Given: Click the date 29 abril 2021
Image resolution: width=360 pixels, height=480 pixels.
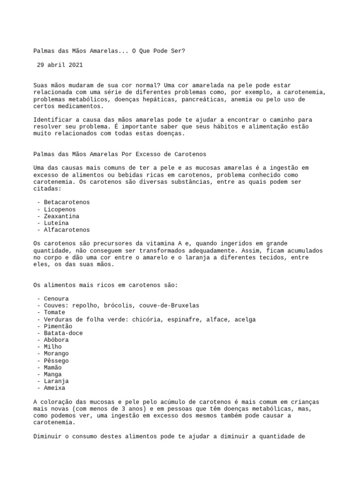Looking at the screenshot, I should pyautogui.click(x=60, y=65).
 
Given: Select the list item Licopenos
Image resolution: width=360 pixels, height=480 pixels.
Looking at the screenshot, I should pyautogui.click(x=60, y=209).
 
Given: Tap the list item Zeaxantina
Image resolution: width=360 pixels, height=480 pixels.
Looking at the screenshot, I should pyautogui.click(x=61, y=216).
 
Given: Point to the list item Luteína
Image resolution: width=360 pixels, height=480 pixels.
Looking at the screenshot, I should pyautogui.click(x=56, y=223).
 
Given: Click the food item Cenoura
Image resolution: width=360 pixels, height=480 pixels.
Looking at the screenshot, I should pyautogui.click(x=56, y=299).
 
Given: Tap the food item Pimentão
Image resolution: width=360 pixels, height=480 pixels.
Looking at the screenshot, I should pyautogui.click(x=58, y=326).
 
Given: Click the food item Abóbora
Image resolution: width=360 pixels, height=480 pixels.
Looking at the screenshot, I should pyautogui.click(x=56, y=340).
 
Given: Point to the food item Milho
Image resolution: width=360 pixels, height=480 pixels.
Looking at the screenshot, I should pyautogui.click(x=52, y=347).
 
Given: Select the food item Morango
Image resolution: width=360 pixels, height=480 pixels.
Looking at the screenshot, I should pyautogui.click(x=56, y=353).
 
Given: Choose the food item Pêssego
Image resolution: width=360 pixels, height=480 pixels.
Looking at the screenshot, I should pyautogui.click(x=56, y=360).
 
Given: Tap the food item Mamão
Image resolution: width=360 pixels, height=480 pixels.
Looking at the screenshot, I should pyautogui.click(x=52, y=367).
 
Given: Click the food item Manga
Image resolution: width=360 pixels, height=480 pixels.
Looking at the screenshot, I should pyautogui.click(x=52, y=375).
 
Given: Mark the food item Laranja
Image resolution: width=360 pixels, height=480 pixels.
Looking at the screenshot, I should pyautogui.click(x=56, y=381).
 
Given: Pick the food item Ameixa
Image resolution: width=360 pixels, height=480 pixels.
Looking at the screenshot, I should pyautogui.click(x=54, y=388).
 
